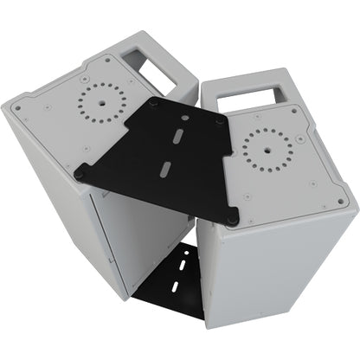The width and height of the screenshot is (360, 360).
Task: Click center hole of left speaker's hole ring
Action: click(101, 98)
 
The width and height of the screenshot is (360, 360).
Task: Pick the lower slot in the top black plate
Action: click(164, 167)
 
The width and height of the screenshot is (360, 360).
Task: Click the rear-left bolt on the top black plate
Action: click(153, 102)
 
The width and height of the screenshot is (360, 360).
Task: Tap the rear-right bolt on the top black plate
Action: click(221, 121)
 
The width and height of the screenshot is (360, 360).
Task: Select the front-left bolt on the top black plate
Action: click(80, 173)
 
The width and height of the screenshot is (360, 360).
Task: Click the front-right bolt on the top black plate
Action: click(232, 220)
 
